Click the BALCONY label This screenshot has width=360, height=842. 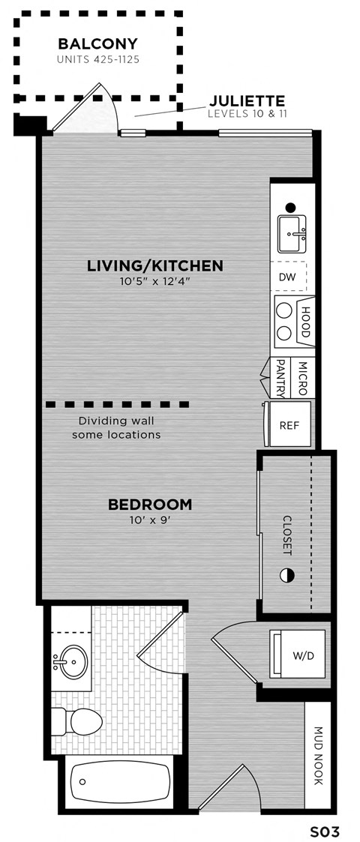click(x=97, y=43)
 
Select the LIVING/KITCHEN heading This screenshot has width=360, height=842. click(x=155, y=265)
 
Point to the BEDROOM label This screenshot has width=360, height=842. click(x=150, y=505)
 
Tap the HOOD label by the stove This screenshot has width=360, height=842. click(x=305, y=322)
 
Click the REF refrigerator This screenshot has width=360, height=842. click(x=289, y=425)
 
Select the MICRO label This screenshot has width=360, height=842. click(x=302, y=379)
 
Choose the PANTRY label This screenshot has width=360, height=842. click(x=281, y=379)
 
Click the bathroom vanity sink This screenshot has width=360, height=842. click(x=70, y=661)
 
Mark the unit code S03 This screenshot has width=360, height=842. click(x=325, y=832)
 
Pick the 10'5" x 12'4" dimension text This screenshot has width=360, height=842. click(x=155, y=282)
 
